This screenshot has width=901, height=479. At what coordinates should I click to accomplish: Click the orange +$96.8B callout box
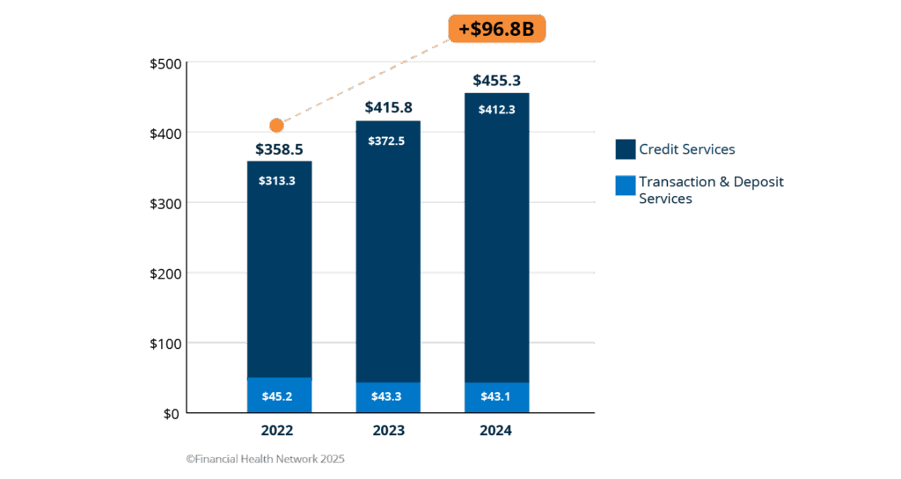pyautogui.click(x=496, y=29)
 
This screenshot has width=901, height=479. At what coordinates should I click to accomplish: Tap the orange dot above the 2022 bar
pyautogui.click(x=277, y=126)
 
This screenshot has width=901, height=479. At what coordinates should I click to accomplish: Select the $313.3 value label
pyautogui.click(x=279, y=180)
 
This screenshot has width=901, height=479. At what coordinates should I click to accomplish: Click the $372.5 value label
pyautogui.click(x=388, y=141)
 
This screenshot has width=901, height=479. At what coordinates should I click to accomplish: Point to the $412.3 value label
pyautogui.click(x=497, y=110)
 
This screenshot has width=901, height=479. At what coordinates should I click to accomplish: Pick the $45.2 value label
pyautogui.click(x=279, y=396)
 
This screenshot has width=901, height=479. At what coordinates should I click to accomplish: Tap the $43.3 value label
pyautogui.click(x=388, y=396)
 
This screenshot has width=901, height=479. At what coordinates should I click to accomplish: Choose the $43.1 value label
pyautogui.click(x=497, y=396)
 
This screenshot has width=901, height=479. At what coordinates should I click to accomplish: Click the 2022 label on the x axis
pyautogui.click(x=278, y=431)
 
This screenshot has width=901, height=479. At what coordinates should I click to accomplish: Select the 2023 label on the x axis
pyautogui.click(x=388, y=431)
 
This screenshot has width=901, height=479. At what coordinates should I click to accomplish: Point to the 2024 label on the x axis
pyautogui.click(x=497, y=431)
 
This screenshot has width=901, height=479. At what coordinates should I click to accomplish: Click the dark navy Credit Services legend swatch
pyautogui.click(x=626, y=149)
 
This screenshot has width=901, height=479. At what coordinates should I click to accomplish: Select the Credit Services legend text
pyautogui.click(x=686, y=149)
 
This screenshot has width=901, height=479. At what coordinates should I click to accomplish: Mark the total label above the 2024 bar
pyautogui.click(x=497, y=81)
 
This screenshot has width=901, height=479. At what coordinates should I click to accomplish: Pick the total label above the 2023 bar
pyautogui.click(x=388, y=108)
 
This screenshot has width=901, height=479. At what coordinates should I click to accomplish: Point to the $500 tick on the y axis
pyautogui.click(x=166, y=64)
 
